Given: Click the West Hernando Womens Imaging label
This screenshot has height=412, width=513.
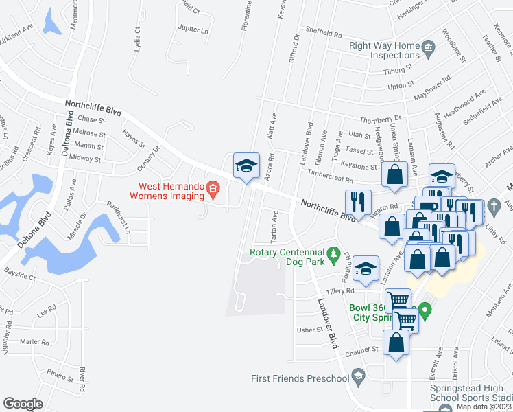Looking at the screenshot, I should pos(171,190).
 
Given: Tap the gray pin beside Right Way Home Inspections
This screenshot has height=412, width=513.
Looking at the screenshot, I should pos(429,47).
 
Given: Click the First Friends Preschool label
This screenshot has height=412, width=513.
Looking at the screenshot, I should pos(300,378).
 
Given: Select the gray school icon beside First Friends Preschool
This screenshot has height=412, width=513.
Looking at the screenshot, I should pos(357,375).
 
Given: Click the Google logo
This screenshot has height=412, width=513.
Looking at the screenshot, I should pos(23,404).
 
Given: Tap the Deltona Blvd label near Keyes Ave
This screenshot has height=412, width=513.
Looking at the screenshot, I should pos(67,135).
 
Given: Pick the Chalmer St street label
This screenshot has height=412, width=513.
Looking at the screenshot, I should pos(363,349).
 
